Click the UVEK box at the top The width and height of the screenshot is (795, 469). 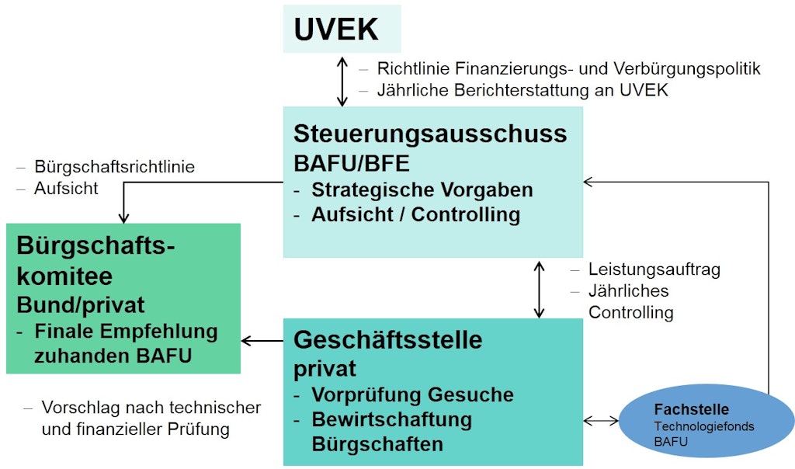[342, 30]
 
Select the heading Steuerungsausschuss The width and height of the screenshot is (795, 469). [430, 134]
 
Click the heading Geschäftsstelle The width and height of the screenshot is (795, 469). [387, 340]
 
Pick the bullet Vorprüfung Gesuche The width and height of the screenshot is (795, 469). [412, 394]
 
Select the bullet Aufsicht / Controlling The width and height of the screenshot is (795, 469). [415, 215]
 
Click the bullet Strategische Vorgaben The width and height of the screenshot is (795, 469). [422, 190]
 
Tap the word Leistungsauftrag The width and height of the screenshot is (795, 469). [654, 269]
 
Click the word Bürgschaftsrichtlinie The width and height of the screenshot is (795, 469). [114, 166]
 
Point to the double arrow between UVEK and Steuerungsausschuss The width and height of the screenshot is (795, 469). [342, 80]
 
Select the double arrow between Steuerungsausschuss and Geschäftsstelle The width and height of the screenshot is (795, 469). [539, 289]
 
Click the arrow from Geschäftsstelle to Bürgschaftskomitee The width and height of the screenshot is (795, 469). [262, 340]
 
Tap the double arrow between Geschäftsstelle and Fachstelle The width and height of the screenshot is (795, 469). [601, 421]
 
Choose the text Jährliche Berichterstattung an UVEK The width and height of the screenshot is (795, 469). [522, 90]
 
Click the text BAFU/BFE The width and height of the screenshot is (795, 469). [351, 164]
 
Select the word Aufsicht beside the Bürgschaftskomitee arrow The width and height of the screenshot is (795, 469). [66, 188]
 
